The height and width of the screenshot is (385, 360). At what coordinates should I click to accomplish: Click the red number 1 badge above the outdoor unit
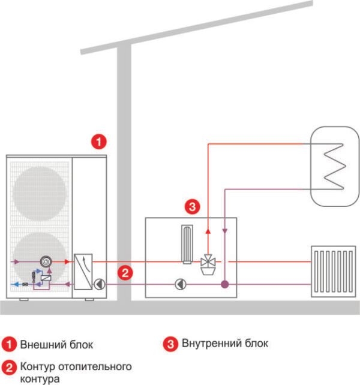pos(98,142)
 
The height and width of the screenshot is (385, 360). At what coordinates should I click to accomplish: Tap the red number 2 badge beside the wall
pos(124,273)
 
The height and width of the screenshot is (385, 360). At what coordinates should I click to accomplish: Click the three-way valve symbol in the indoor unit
pos(208,262)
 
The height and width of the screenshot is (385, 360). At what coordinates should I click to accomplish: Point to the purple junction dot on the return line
pos(224,284)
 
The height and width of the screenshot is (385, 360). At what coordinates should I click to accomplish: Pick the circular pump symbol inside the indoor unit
pos(179,284)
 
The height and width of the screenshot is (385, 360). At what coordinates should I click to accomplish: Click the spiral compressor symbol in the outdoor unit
pos(46,262)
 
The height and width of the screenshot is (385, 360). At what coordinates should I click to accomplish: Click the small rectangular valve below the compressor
pos(46,278)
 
